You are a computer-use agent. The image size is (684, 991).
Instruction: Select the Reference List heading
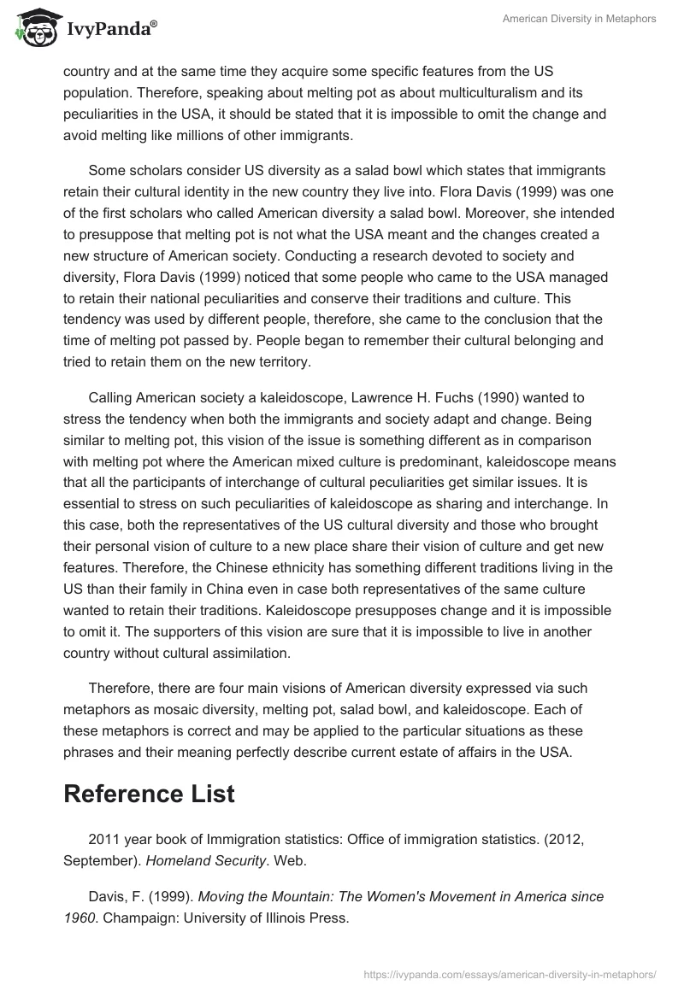(x=149, y=793)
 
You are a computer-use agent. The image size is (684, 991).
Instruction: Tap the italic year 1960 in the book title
(x=79, y=918)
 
